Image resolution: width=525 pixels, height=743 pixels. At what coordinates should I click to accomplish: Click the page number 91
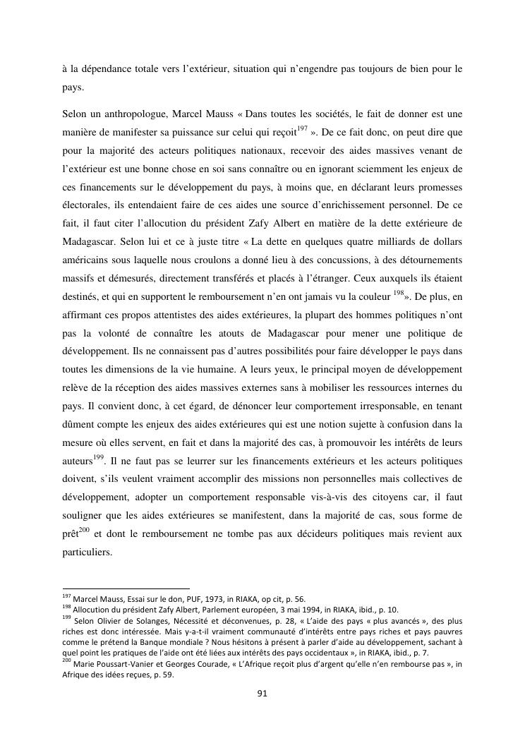point(262,694)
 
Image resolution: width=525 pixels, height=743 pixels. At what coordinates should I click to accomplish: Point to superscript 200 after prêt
point(83,527)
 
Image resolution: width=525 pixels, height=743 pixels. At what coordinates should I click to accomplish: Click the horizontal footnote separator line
point(126,588)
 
